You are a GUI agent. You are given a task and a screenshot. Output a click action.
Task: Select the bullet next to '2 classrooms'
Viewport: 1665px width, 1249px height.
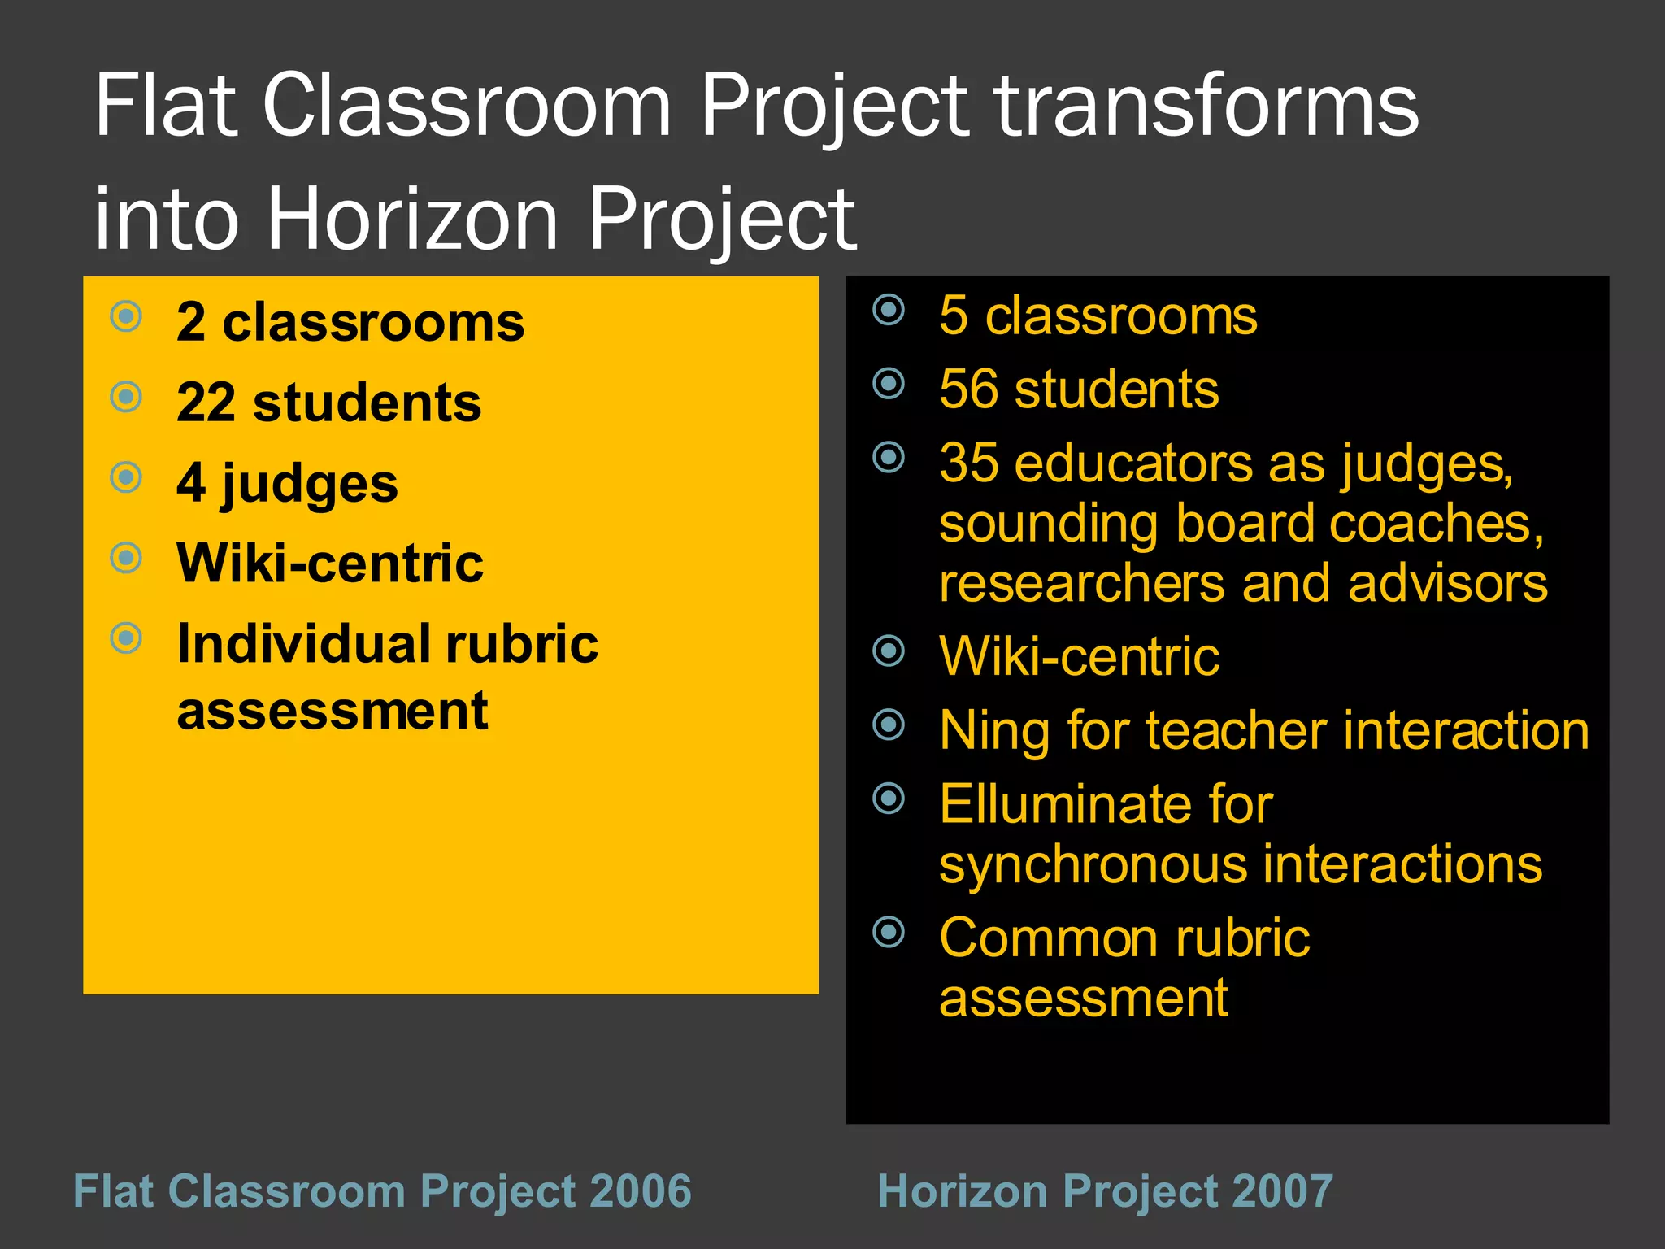pyautogui.click(x=126, y=316)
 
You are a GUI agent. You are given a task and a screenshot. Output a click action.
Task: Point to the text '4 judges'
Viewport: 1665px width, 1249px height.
pyautogui.click(x=287, y=483)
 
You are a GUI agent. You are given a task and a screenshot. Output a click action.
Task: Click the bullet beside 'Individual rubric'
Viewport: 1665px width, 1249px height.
pyautogui.click(x=126, y=638)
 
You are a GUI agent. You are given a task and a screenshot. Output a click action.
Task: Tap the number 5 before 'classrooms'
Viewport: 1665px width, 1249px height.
pyautogui.click(x=954, y=316)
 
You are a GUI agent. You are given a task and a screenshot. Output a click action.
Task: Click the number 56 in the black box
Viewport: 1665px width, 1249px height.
pyautogui.click(x=967, y=389)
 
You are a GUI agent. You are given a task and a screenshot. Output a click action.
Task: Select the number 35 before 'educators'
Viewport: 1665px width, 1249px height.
pyautogui.click(x=968, y=463)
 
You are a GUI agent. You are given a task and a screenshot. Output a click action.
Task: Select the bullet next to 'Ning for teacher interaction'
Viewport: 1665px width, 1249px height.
pyautogui.click(x=889, y=725)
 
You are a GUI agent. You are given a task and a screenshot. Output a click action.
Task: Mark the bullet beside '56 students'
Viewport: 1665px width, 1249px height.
pyautogui.click(x=889, y=383)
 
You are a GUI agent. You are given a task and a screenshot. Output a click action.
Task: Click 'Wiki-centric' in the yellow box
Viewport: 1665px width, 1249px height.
pyautogui.click(x=330, y=563)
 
